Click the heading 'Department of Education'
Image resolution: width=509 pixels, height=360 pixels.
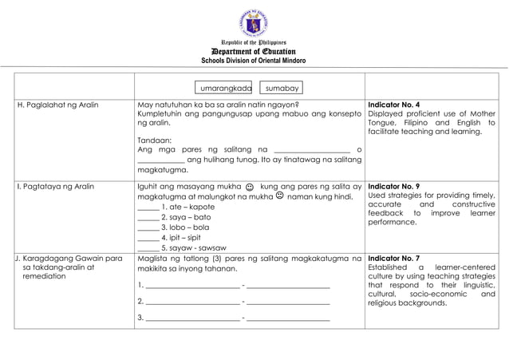point(254,51)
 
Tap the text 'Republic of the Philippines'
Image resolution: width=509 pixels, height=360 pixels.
point(254,42)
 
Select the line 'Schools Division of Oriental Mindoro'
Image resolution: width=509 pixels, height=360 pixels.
point(254,61)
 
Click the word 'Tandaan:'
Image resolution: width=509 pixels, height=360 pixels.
point(154,139)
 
